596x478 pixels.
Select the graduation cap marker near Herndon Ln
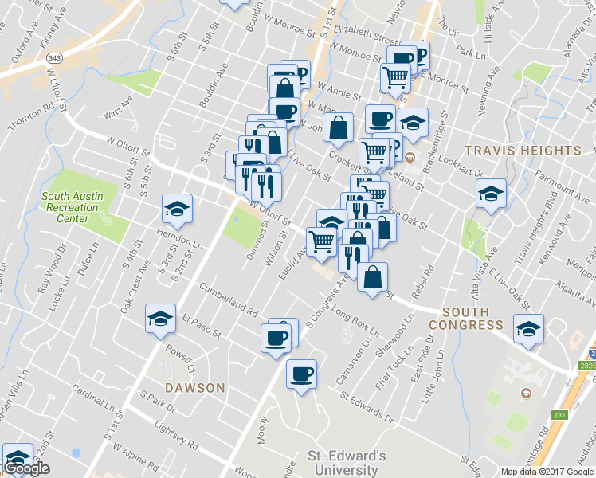pyautogui.click(x=176, y=209)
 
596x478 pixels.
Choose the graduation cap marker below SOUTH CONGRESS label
pyautogui.click(x=528, y=329)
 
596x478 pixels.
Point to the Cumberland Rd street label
pyautogui.click(x=229, y=298)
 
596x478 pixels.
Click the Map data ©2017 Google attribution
pyautogui.click(x=547, y=472)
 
